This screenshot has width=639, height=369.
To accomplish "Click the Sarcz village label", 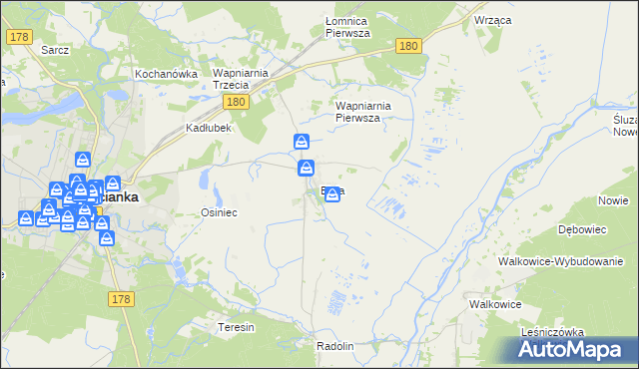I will coord(53,49).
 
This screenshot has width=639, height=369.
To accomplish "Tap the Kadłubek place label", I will coord(209,128).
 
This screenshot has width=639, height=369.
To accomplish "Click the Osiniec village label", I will coord(219,212).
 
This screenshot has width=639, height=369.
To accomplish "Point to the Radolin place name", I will coord(334,346).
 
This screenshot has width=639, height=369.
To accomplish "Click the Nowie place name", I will coord(612,200).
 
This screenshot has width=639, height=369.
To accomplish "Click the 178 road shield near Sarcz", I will coord(18,37).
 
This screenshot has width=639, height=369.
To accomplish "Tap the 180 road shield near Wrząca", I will coord(406,46).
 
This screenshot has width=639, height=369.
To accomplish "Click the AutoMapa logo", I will coord(570,350).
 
